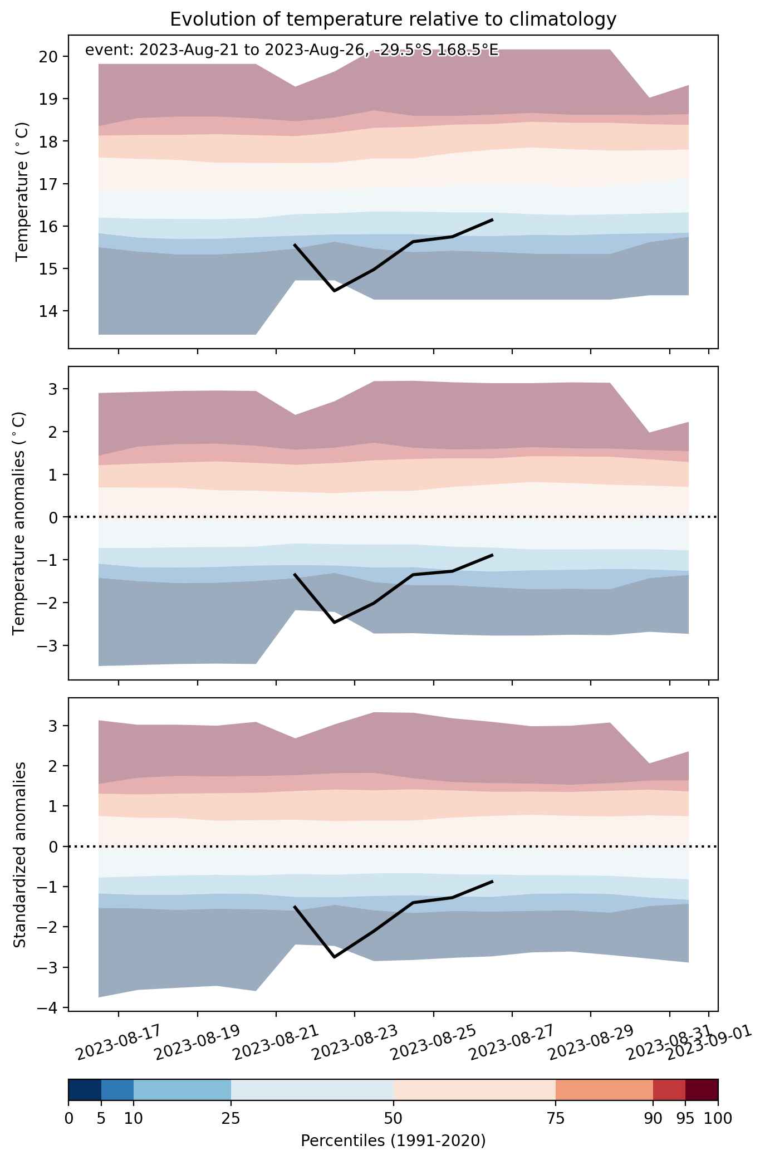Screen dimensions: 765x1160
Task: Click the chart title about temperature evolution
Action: click(393, 19)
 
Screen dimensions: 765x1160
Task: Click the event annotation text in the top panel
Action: click(292, 51)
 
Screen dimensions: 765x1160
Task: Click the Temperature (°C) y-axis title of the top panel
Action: click(22, 192)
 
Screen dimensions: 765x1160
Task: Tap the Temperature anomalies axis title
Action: click(19, 523)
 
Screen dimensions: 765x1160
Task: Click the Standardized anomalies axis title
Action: click(19, 854)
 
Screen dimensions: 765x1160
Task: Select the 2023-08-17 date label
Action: click(119, 1041)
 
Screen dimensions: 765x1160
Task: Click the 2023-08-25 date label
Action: click(434, 1041)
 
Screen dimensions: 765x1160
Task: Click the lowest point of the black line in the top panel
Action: click(334, 291)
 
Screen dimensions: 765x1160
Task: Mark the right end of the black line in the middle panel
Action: click(493, 555)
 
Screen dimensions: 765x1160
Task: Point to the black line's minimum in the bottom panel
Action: click(334, 957)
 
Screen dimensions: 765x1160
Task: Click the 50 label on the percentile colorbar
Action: click(393, 1118)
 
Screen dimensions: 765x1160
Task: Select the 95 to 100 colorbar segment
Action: click(702, 1090)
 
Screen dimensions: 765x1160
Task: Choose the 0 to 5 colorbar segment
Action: click(85, 1090)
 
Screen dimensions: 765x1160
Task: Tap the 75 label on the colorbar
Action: click(556, 1118)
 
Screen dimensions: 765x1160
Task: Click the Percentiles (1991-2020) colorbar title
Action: click(393, 1141)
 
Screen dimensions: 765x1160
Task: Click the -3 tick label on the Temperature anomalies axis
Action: click(48, 645)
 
